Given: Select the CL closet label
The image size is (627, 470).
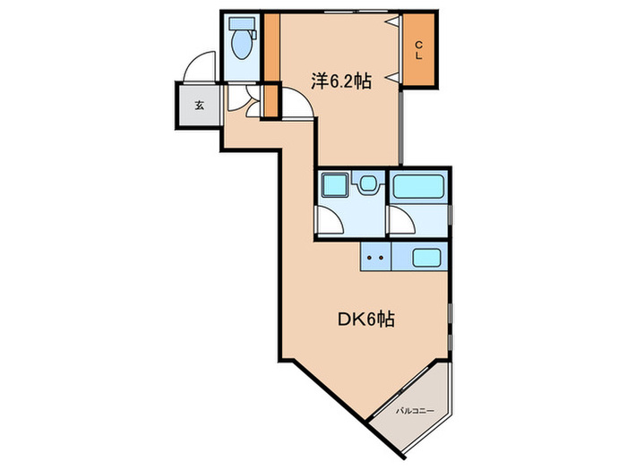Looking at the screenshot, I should click(417, 51).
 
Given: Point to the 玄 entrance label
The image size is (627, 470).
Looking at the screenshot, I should click(199, 105).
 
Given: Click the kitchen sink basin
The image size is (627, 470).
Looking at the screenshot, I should click(425, 258).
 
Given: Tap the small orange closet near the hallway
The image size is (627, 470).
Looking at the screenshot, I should click(271, 101).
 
